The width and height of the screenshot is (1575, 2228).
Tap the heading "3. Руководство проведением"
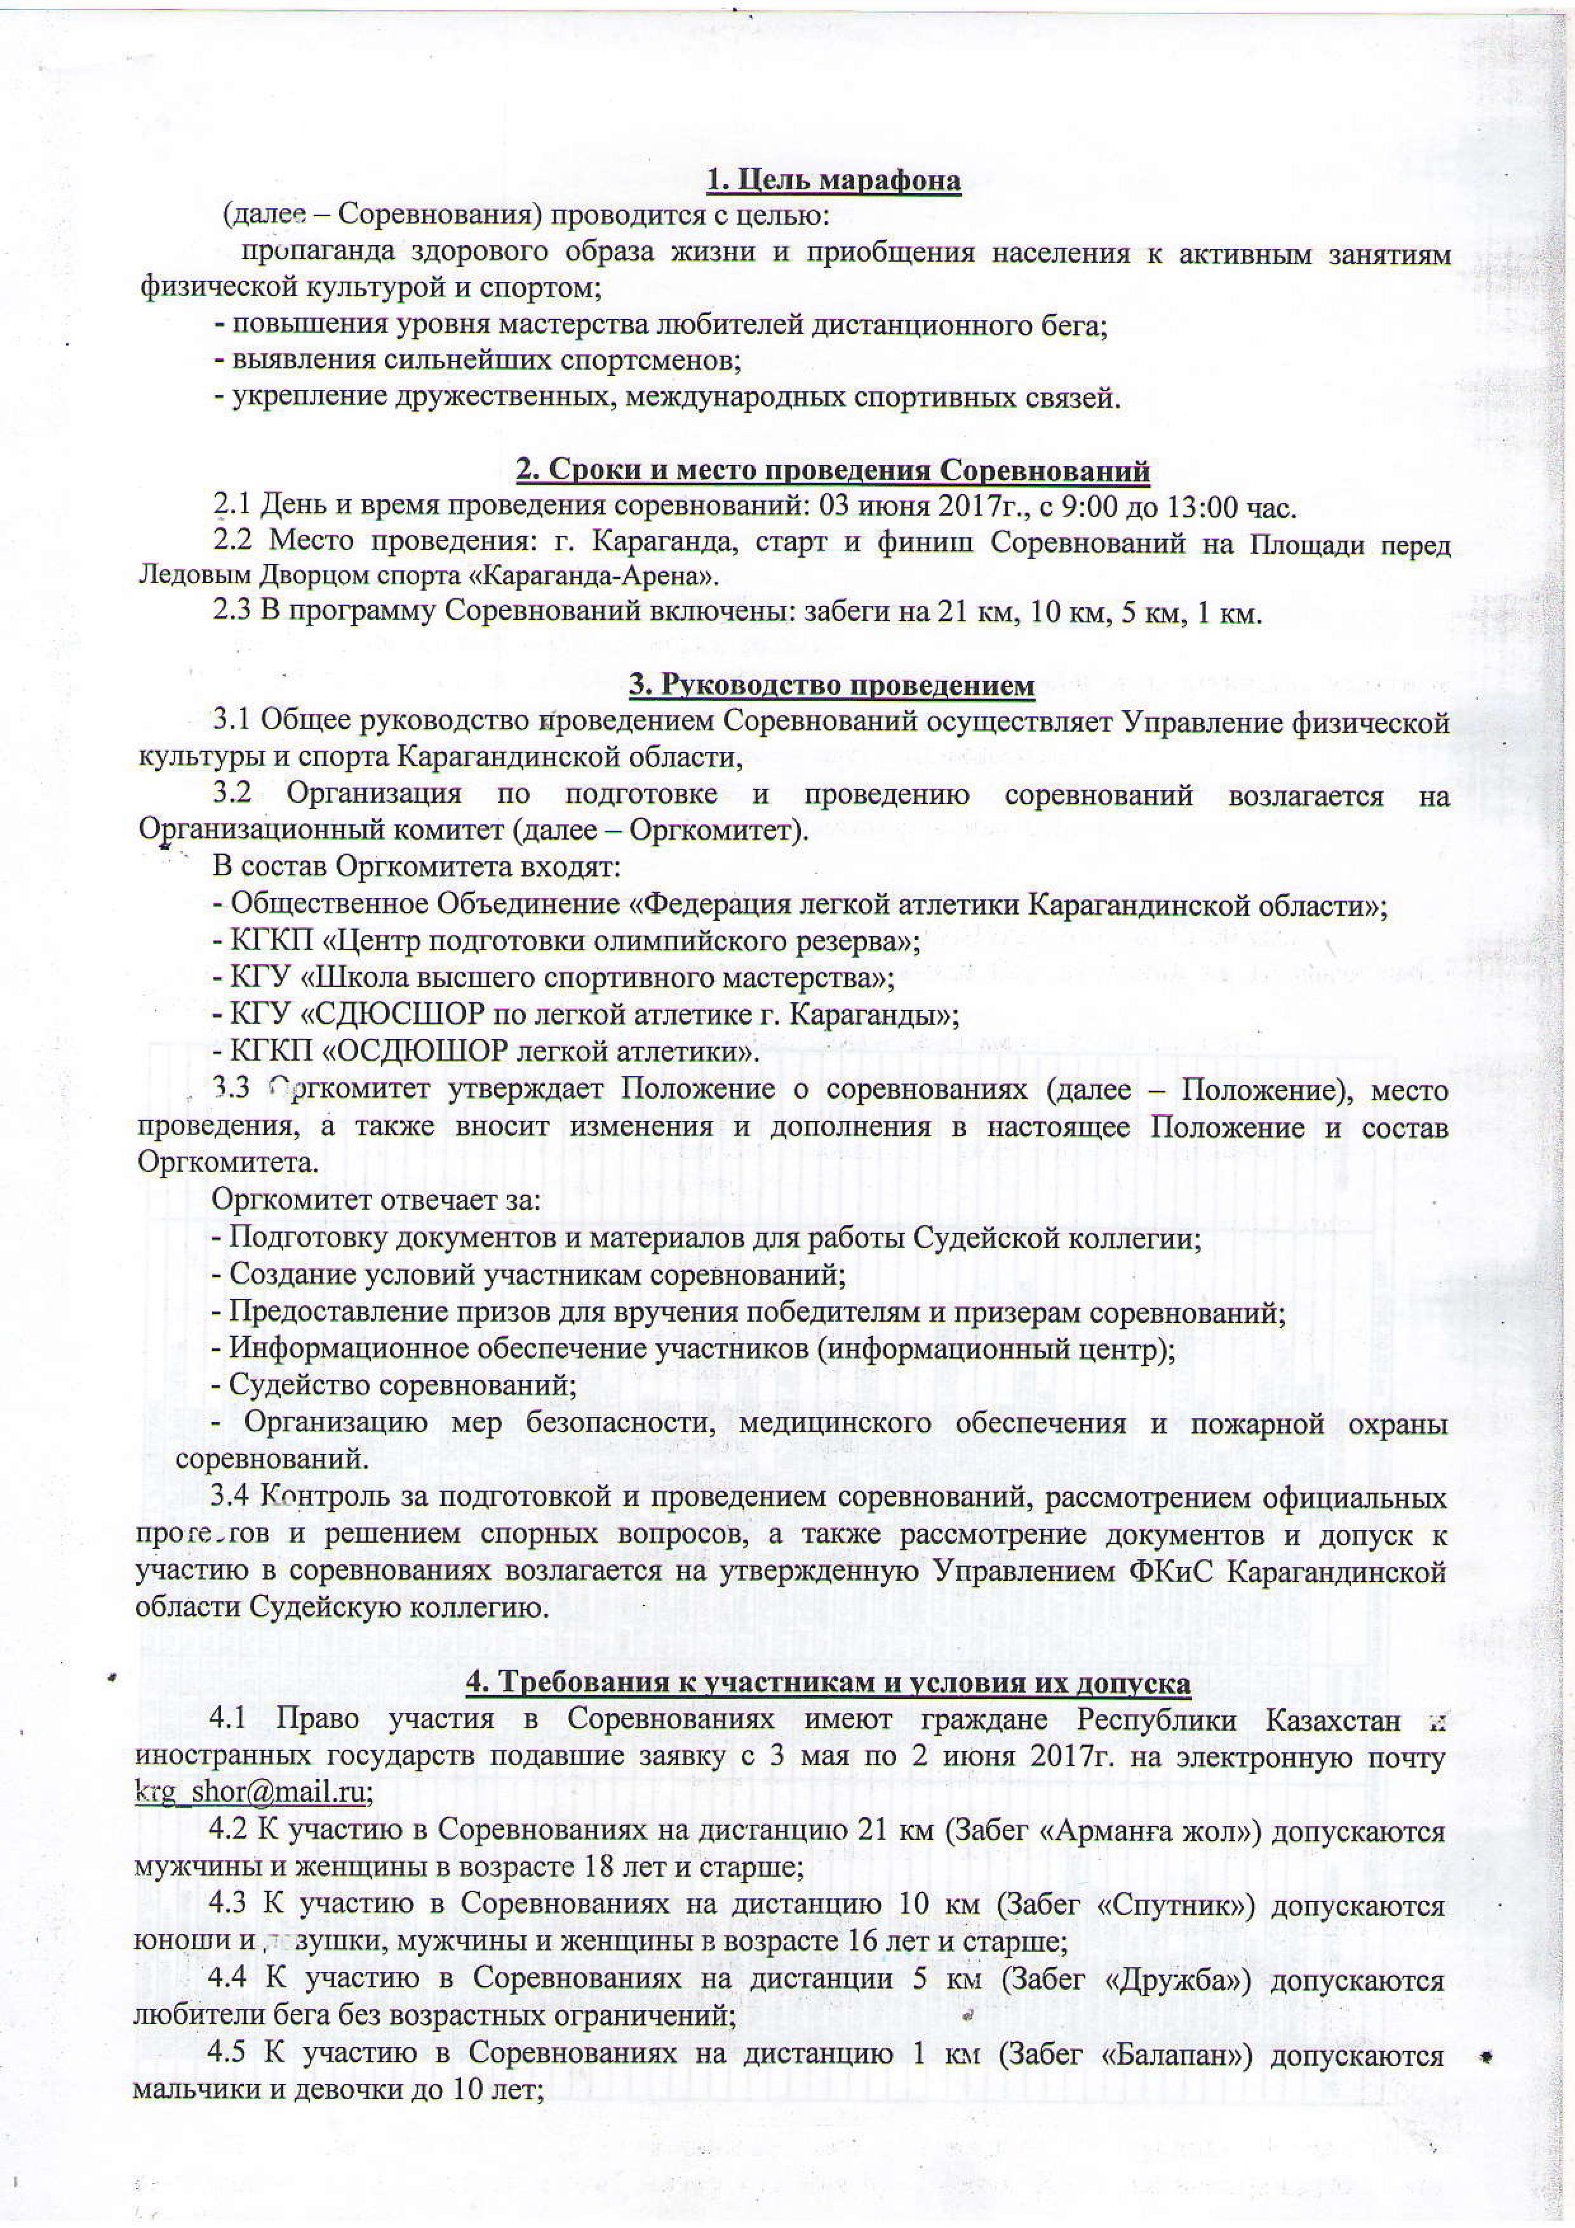832,686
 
